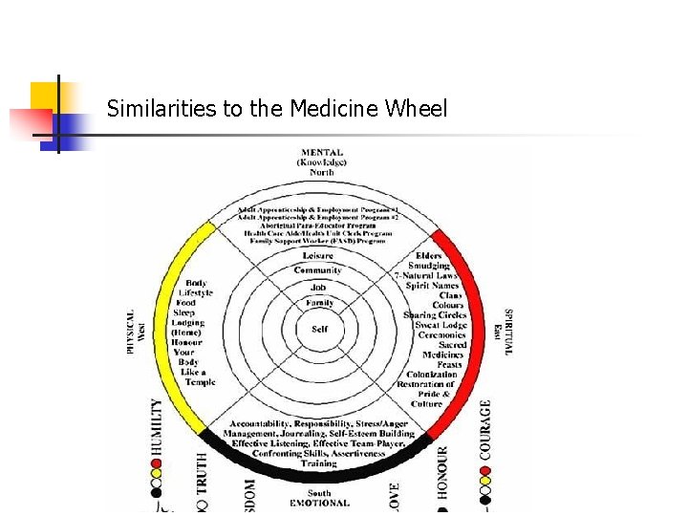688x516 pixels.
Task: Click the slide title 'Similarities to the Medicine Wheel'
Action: click(277, 109)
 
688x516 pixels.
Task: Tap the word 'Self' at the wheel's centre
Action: click(319, 329)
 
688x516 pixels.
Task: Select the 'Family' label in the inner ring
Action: click(319, 303)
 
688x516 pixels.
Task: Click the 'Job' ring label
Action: click(318, 287)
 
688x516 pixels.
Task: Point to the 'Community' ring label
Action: click(318, 270)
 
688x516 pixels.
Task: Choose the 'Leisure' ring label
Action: click(318, 255)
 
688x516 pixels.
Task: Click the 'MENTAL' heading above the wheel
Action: click(322, 153)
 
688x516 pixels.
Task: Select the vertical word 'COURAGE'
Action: click(485, 430)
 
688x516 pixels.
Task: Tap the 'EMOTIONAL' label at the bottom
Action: click(319, 503)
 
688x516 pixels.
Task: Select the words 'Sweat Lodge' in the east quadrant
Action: click(441, 325)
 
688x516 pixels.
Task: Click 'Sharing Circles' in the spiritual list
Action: click(435, 314)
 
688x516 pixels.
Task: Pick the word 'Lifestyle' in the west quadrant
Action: click(197, 292)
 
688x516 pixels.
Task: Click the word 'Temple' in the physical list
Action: click(200, 382)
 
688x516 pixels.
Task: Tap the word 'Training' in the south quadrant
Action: click(318, 463)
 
